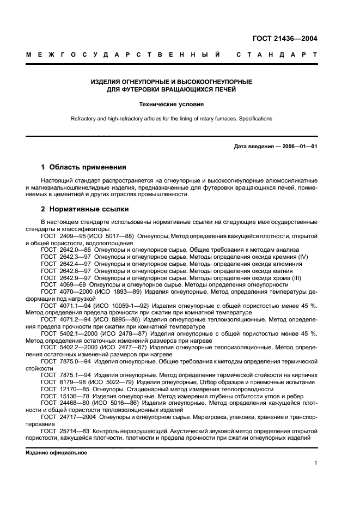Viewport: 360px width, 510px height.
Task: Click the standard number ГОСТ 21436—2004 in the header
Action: point(285,39)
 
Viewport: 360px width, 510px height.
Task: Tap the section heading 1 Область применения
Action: point(84,167)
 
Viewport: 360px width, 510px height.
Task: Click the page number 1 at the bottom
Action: point(315,463)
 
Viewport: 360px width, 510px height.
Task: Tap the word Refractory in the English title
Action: point(83,118)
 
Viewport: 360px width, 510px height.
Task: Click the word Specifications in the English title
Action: point(255,118)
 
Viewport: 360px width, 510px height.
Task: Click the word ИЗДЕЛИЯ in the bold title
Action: point(106,82)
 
